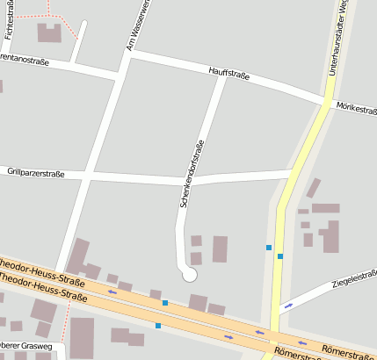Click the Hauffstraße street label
pyautogui.click(x=229, y=73)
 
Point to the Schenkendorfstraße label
pyautogui.click(x=192, y=174)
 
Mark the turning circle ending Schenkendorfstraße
pyautogui.click(x=188, y=275)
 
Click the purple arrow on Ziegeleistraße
pyautogui.click(x=289, y=306)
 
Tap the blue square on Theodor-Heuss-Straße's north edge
pyautogui.click(x=164, y=303)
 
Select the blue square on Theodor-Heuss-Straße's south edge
pyautogui.click(x=158, y=326)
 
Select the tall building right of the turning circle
pyautogui.click(x=220, y=248)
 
